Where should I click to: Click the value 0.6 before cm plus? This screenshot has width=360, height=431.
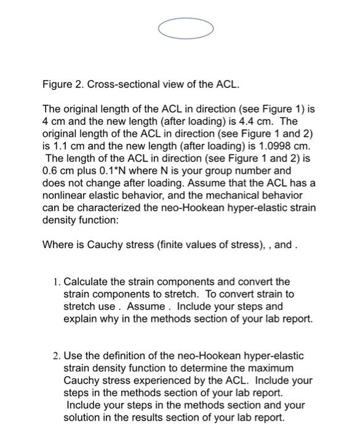pos(50,171)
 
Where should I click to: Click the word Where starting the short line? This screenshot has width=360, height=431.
pos(56,244)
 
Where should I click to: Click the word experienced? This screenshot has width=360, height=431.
pos(159,381)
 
